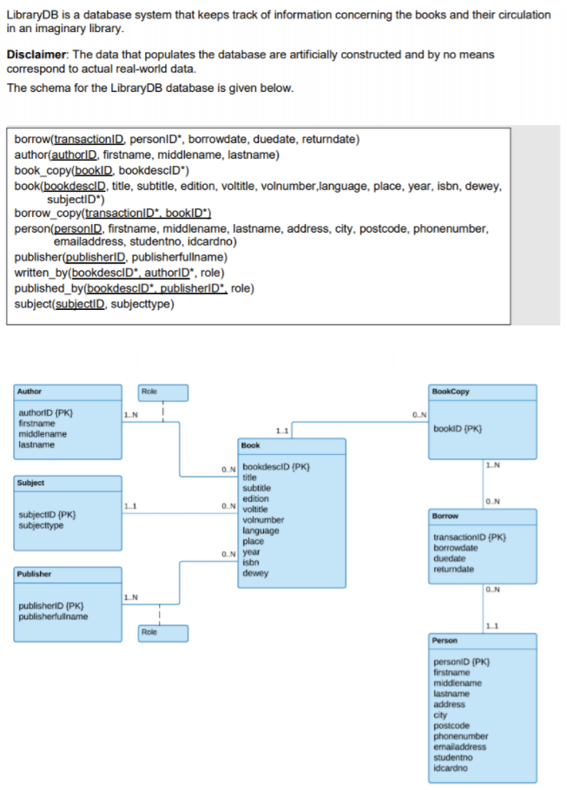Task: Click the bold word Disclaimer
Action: click(36, 55)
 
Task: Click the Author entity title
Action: click(30, 392)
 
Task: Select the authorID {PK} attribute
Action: click(46, 412)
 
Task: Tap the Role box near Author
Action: click(162, 392)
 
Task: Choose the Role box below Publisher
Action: click(162, 634)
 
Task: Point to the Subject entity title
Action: click(30, 483)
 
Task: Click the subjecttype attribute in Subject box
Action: click(42, 525)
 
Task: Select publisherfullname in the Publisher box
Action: click(54, 616)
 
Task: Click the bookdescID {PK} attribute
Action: click(276, 467)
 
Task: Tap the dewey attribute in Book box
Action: click(255, 573)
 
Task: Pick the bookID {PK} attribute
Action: click(458, 429)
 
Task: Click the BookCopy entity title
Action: click(451, 392)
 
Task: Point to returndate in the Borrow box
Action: click(453, 569)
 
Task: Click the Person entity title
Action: click(445, 641)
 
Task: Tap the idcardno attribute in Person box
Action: click(451, 768)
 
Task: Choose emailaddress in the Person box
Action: click(460, 747)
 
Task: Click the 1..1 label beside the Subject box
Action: click(130, 506)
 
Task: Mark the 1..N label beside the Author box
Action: click(131, 415)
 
